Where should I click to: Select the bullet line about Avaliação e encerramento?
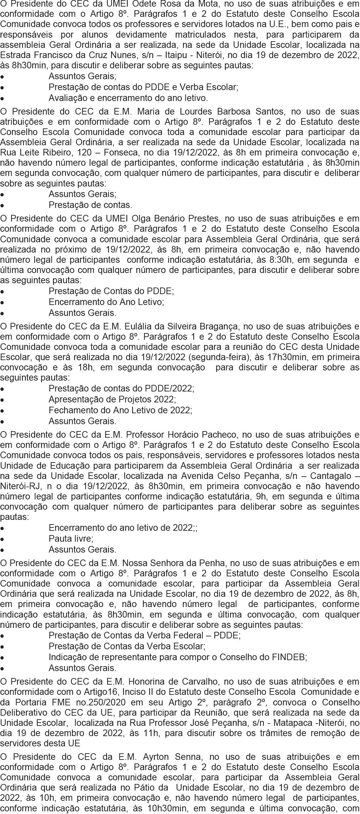128,98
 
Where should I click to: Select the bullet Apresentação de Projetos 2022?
112,399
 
